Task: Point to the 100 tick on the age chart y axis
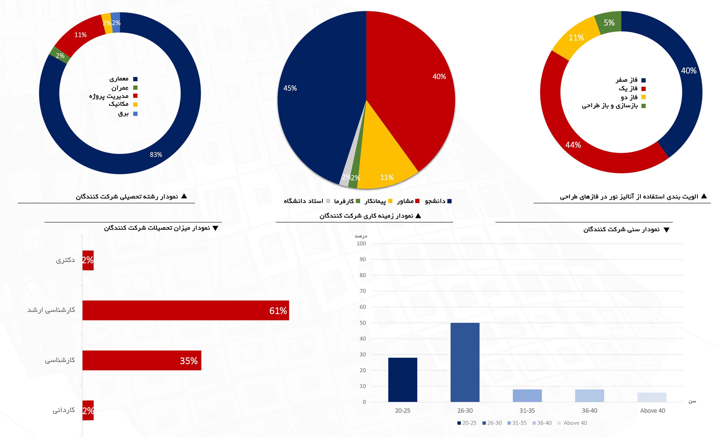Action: [361, 243]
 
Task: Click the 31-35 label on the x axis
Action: [527, 411]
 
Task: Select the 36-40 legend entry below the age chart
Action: [542, 423]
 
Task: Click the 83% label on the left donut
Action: [156, 154]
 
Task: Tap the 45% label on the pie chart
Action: [290, 88]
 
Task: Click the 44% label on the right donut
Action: [573, 145]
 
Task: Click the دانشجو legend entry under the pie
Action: [438, 201]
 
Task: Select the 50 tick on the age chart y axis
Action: [363, 323]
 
